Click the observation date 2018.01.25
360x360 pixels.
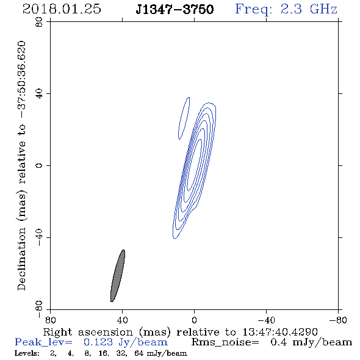[62, 9]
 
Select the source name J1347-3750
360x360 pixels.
[175, 9]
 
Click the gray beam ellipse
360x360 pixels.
[118, 276]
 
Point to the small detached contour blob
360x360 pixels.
[184, 118]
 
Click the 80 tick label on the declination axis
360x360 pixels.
[39, 22]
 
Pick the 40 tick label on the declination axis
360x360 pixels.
[39, 94]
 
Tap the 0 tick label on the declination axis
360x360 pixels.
[39, 165]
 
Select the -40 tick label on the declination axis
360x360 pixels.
[39, 237]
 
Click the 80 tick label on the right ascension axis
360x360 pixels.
[50, 320]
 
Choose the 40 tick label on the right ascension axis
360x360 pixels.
[122, 320]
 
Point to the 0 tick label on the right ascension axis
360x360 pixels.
[194, 320]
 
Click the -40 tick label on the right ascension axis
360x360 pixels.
[266, 320]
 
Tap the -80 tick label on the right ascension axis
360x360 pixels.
[338, 320]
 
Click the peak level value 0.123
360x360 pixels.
[98, 342]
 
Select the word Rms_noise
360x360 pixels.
[225, 342]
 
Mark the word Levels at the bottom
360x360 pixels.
[27, 353]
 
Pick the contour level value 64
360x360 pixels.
[139, 353]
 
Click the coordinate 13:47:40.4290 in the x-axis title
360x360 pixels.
[280, 332]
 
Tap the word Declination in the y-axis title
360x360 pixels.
[21, 259]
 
